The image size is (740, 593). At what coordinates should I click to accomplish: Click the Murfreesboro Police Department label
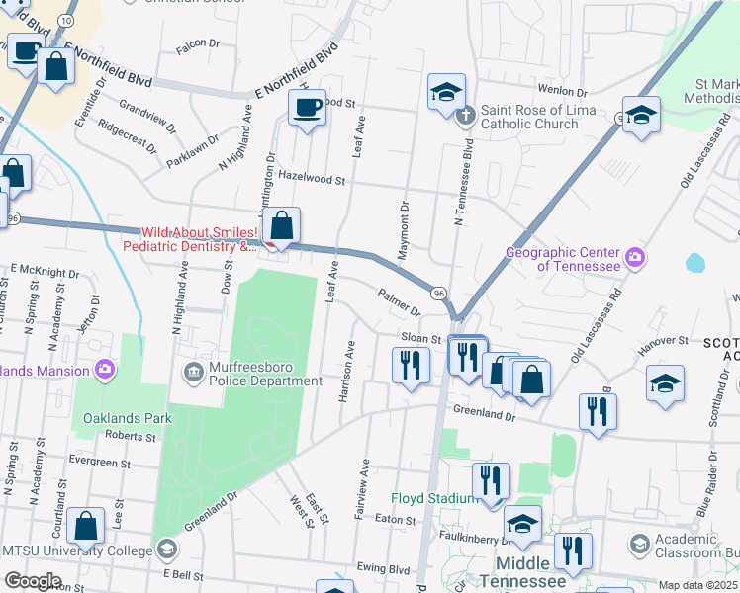tap(261, 373)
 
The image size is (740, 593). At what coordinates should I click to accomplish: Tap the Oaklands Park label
tap(128, 418)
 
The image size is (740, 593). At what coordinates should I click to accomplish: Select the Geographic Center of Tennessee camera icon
tap(634, 259)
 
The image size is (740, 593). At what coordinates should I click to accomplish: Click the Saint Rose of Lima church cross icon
tap(466, 117)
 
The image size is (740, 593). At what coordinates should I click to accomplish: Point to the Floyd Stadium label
tap(434, 498)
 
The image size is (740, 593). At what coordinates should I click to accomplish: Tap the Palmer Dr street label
tap(399, 301)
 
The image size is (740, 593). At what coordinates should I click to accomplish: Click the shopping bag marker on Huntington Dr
tap(282, 225)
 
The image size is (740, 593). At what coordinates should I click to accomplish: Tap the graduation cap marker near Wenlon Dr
tap(446, 92)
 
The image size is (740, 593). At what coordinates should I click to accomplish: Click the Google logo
tap(33, 580)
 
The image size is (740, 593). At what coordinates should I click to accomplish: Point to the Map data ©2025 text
tap(697, 585)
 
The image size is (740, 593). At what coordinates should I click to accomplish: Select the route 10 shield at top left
tap(64, 21)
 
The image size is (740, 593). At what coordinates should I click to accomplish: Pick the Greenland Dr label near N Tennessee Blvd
tap(485, 410)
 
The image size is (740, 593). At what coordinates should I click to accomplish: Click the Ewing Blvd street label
tap(385, 569)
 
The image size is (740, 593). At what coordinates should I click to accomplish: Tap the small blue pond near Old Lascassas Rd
tap(694, 263)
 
